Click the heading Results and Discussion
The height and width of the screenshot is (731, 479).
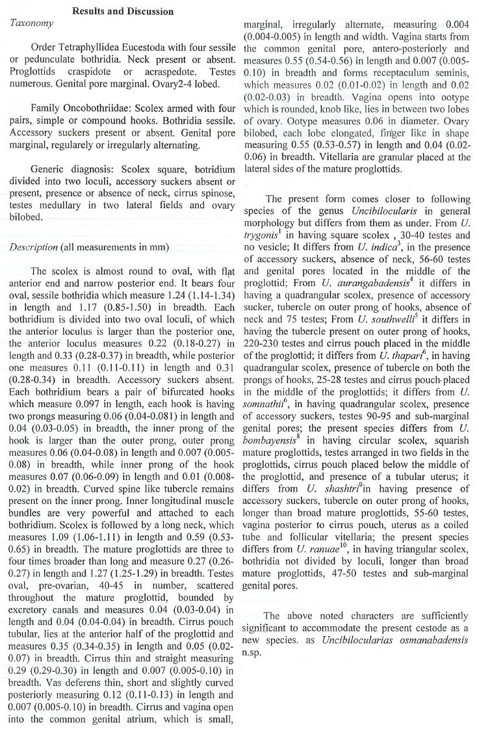(x=123, y=11)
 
